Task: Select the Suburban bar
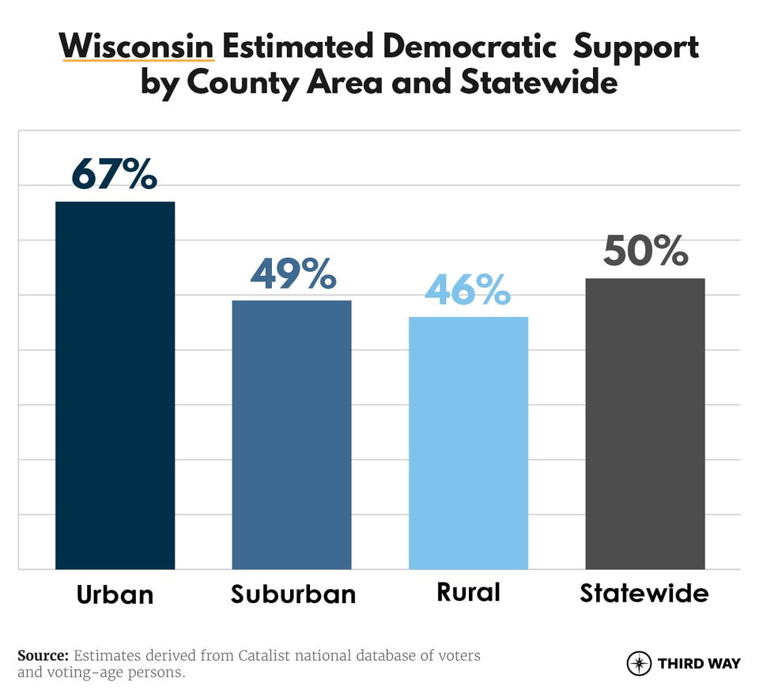(x=291, y=434)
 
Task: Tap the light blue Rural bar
(x=468, y=443)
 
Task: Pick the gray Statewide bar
(x=644, y=423)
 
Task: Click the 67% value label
(x=115, y=175)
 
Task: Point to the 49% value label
(x=293, y=274)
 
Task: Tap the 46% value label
(x=468, y=290)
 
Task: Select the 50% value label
(x=645, y=251)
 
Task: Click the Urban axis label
(x=115, y=594)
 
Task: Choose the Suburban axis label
(x=293, y=594)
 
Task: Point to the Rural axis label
(x=468, y=593)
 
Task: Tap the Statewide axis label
(x=644, y=593)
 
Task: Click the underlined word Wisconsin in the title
(x=137, y=47)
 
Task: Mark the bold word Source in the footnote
(x=43, y=656)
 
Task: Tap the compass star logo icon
(x=639, y=663)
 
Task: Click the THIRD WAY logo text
(x=699, y=663)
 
